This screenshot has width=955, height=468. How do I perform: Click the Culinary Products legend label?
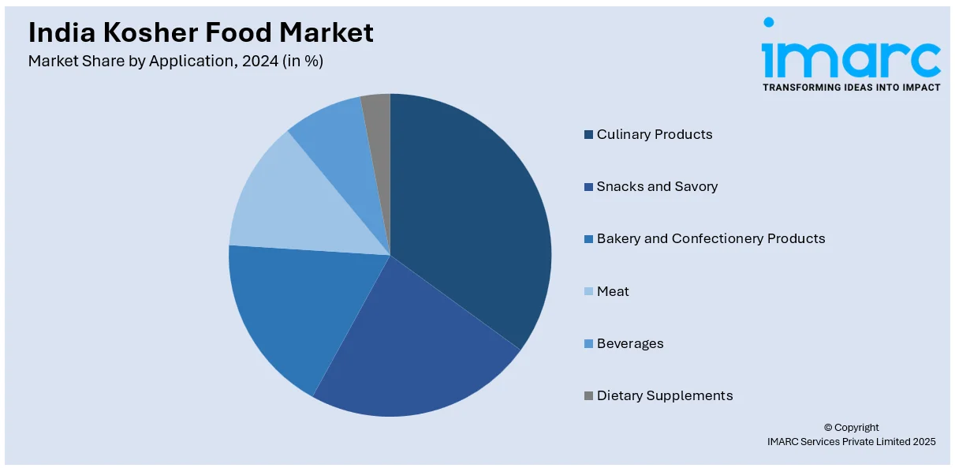coord(655,134)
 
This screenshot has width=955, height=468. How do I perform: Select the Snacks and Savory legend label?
coord(657,186)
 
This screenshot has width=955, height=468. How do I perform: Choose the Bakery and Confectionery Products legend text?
coord(711,238)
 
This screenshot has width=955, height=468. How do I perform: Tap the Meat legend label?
coord(613,291)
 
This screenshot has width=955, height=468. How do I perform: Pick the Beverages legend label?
coord(630,343)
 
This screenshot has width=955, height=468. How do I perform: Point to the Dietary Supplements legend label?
coord(665,395)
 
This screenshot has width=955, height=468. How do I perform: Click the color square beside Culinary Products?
coord(588,135)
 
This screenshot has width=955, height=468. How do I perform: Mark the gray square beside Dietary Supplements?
coord(588,396)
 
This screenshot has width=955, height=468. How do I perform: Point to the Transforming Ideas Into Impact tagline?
coord(851,88)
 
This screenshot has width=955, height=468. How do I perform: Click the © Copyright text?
coord(851,428)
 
